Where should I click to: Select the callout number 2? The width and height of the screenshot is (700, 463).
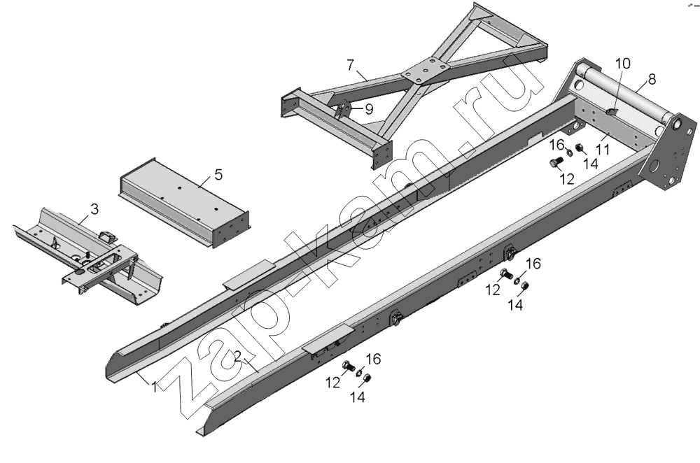pos(238,357)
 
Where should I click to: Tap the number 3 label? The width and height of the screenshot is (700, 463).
pos(94,209)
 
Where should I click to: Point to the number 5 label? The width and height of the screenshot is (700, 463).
pos(218,175)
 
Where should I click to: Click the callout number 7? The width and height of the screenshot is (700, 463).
pos(350,65)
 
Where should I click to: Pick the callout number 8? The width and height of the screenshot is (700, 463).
pos(652,80)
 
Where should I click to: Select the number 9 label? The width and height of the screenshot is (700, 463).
pos(368,108)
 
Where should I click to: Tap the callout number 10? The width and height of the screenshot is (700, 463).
pos(622,64)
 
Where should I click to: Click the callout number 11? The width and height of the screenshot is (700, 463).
pos(602,149)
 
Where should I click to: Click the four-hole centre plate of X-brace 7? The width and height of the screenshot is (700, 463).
pos(423,72)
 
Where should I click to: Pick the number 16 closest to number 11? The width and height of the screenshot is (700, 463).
pos(556,145)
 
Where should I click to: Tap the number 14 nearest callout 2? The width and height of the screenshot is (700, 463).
pos(358,397)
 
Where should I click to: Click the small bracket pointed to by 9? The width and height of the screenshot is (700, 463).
pos(343,111)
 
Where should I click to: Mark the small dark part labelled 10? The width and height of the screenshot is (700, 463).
pos(610,111)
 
